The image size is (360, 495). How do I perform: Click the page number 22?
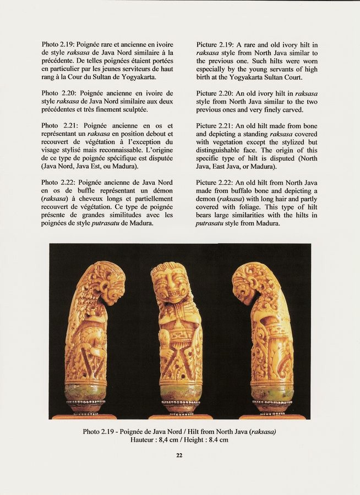point(179,455)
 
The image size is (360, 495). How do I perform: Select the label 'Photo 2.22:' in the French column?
point(59,183)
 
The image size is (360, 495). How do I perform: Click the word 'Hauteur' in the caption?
point(143,439)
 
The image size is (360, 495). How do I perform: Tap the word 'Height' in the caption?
point(199,439)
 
